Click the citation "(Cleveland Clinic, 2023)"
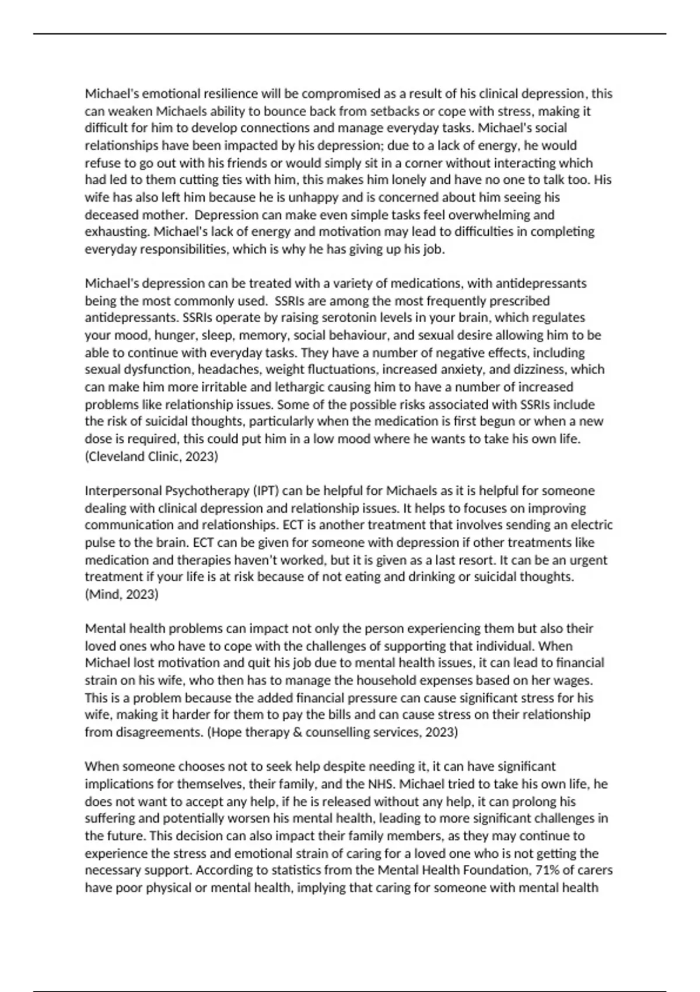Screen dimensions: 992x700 point(152,456)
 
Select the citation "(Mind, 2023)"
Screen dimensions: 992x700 point(121,595)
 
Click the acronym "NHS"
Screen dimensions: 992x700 point(381,784)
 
